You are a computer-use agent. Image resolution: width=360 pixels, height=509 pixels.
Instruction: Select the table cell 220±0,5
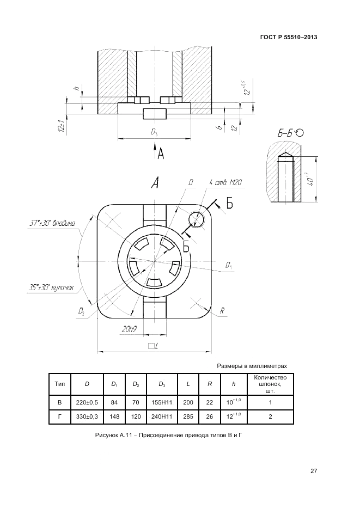point(87,402)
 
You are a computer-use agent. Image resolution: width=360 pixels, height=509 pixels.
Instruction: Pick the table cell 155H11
point(162,402)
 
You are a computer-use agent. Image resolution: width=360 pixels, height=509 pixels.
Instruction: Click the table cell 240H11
point(162,417)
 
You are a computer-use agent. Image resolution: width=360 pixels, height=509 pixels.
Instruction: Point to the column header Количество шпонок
point(270,384)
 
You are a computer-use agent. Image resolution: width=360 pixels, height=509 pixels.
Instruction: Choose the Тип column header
point(59,384)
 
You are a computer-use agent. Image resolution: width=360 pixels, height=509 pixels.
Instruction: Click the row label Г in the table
point(59,417)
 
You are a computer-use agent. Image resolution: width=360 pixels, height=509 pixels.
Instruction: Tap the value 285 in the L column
point(188,417)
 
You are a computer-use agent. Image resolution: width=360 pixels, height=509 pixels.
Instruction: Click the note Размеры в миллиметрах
point(252,366)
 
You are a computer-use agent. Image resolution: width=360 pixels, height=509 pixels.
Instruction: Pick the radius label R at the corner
point(222,310)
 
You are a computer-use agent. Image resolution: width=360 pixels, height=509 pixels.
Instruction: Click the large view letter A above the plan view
point(155,184)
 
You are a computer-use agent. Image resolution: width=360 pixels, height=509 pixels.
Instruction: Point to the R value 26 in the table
point(209,417)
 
